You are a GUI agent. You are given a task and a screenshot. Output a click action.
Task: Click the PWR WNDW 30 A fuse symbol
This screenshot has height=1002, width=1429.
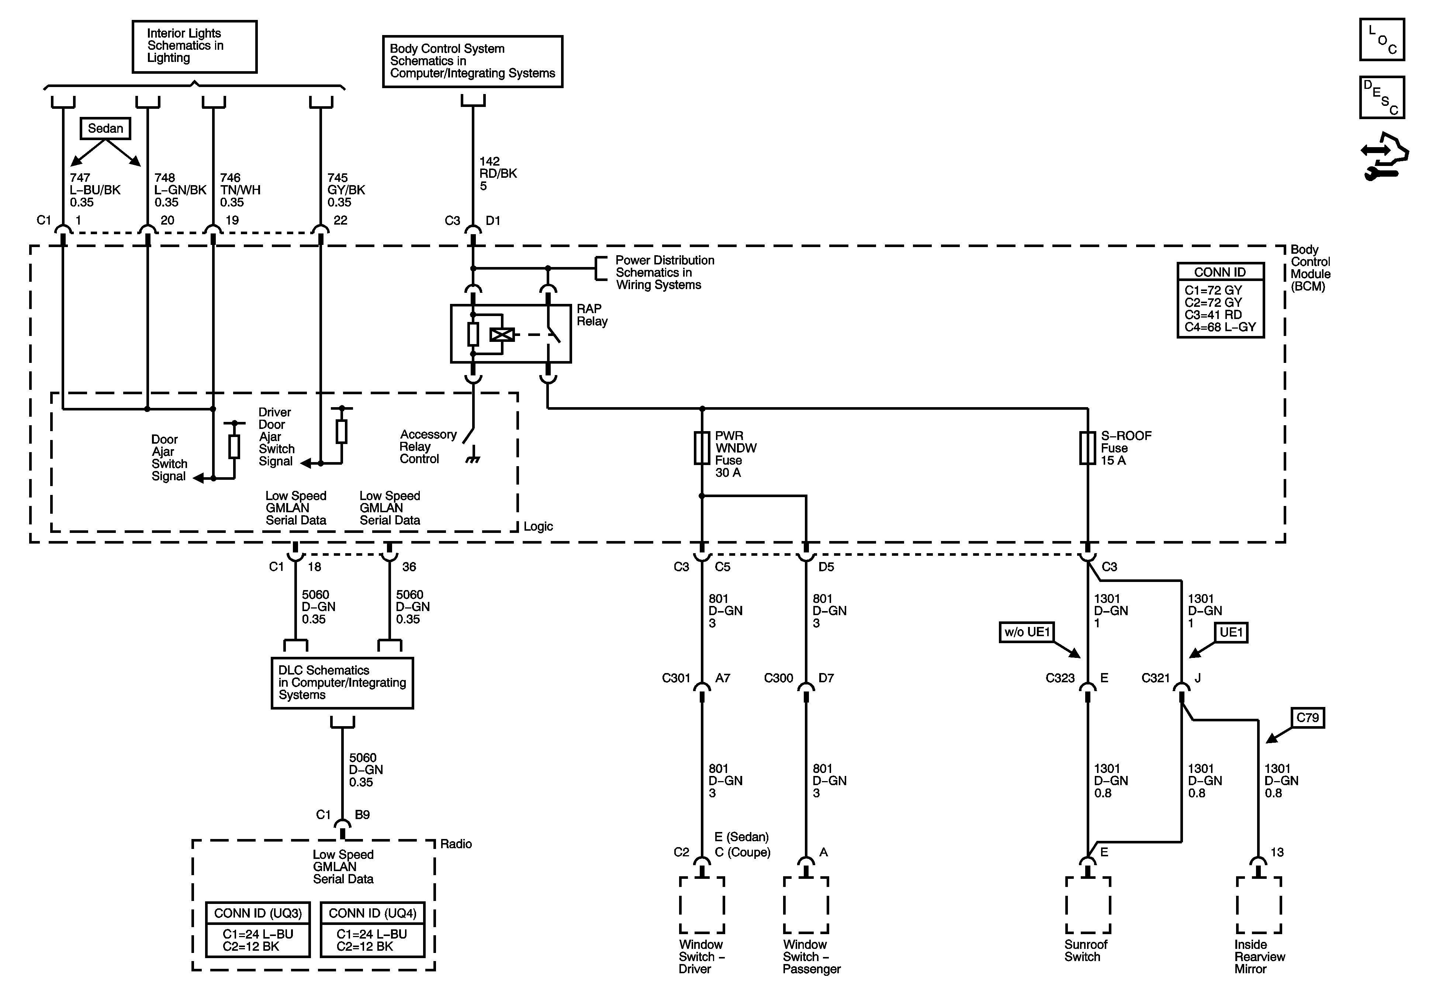click(702, 448)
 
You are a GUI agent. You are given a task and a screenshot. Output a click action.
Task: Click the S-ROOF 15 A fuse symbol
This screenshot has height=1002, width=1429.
click(1087, 448)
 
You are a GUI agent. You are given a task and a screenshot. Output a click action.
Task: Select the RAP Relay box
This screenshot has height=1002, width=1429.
click(511, 334)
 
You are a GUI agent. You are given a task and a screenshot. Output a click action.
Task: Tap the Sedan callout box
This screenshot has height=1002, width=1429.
click(105, 128)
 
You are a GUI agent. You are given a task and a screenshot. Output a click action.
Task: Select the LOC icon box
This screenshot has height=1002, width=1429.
click(1382, 40)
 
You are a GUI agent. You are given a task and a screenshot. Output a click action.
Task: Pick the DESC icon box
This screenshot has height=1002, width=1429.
click(1382, 97)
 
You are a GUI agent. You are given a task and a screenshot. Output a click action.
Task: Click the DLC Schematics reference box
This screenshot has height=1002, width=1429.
click(342, 683)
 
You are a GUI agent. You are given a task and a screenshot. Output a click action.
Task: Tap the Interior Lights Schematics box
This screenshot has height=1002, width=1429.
click(194, 47)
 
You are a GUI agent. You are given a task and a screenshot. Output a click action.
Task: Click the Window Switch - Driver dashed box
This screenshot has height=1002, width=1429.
click(702, 905)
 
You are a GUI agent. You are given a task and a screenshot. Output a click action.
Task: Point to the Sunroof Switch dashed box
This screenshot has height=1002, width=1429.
click(1088, 905)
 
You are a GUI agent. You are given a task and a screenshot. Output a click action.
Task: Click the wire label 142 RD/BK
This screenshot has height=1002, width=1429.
click(498, 167)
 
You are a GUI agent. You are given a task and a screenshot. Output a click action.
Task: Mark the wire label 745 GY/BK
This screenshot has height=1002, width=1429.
click(346, 184)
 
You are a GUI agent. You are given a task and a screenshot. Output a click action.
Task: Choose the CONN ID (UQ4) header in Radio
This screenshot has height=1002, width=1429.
click(372, 913)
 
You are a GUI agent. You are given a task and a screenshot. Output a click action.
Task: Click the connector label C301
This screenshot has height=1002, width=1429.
click(676, 678)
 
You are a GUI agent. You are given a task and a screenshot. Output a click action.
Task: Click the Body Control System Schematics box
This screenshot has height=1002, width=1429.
click(473, 61)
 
